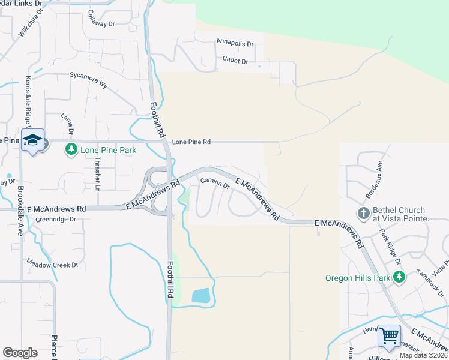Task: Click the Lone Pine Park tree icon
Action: coord(71,149)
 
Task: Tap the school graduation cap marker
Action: coord(32,140)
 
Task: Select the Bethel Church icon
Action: coord(363,214)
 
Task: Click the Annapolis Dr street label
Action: coord(235,44)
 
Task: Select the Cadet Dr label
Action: coord(235,61)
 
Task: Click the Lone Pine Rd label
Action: coord(191,142)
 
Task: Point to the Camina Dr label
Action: coord(215,183)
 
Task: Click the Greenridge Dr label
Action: coord(56,220)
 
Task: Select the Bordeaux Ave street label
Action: coord(373,179)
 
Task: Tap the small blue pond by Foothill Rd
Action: coord(201,295)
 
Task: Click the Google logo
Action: coord(20,353)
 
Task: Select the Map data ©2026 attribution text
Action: coord(423,355)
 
